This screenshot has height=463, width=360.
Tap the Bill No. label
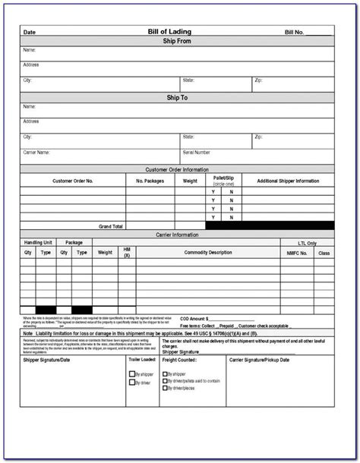click(x=294, y=33)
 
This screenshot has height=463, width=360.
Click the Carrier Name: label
click(x=37, y=153)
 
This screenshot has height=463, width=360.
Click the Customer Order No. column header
click(x=73, y=181)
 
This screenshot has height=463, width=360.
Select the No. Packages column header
click(x=150, y=181)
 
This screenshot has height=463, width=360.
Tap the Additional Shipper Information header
click(x=288, y=181)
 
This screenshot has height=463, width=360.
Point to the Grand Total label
click(x=111, y=226)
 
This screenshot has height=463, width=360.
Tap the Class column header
click(x=324, y=252)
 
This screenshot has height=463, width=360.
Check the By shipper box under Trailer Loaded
click(x=131, y=374)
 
